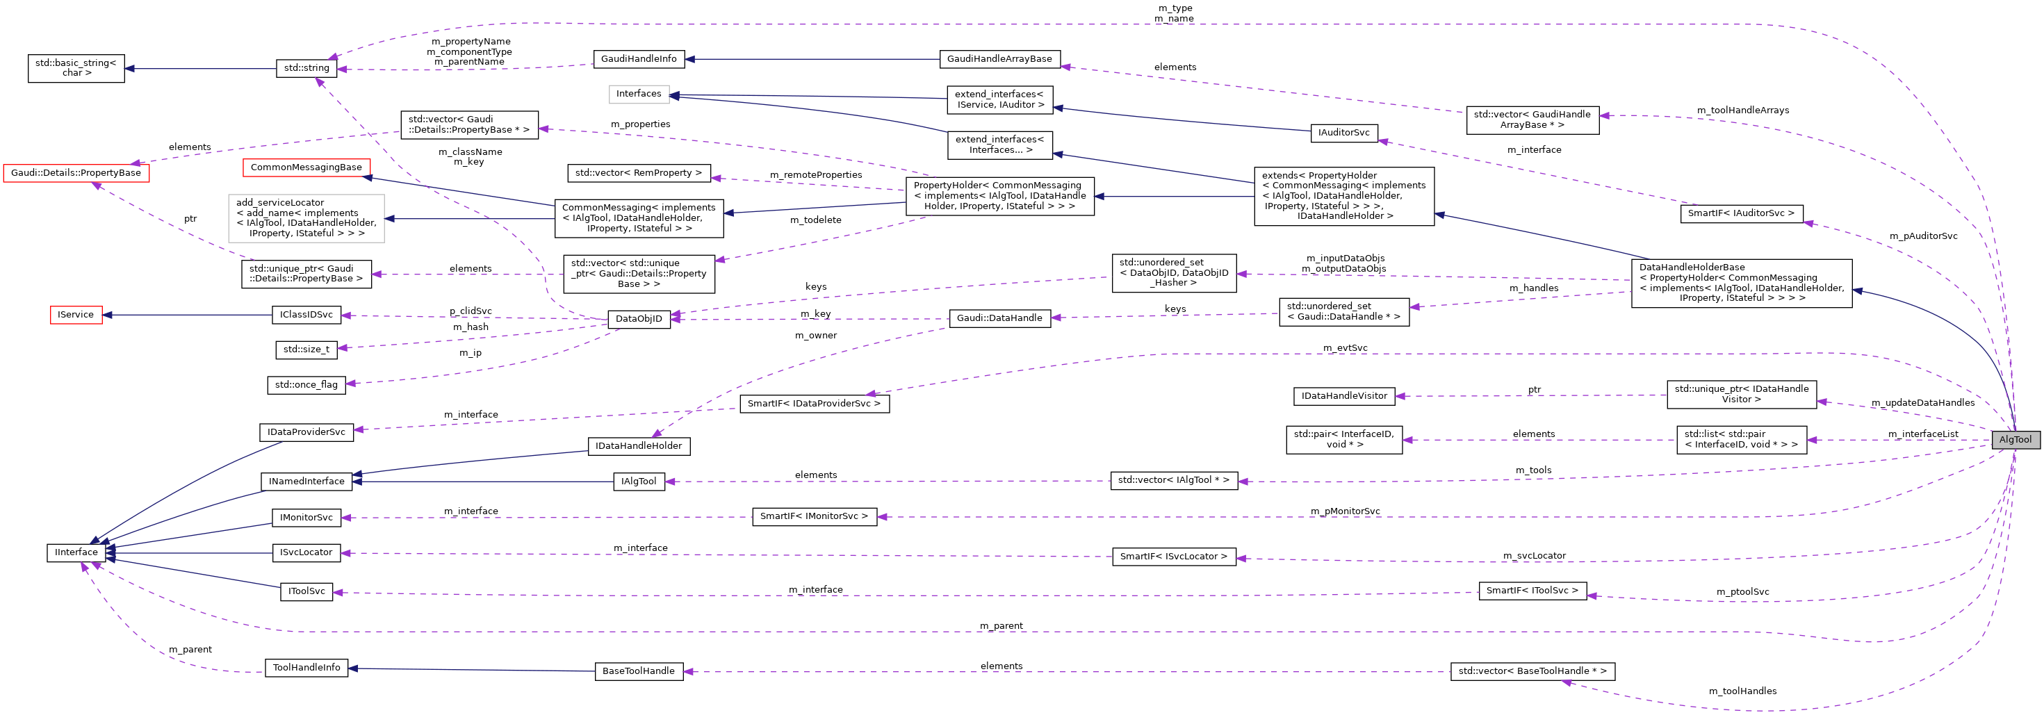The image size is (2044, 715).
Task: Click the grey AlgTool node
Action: (2015, 440)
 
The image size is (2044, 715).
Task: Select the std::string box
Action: (306, 68)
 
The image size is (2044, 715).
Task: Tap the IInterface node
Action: (76, 552)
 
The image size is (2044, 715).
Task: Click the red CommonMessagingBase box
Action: (306, 167)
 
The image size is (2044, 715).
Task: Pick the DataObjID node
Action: (639, 319)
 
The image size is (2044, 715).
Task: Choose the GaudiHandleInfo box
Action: (639, 59)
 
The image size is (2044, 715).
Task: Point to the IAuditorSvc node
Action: (1343, 133)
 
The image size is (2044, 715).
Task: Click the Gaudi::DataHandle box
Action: (999, 318)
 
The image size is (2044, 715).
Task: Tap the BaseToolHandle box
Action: (639, 671)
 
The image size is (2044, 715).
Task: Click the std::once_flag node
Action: (306, 385)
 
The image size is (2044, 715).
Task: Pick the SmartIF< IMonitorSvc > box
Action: (814, 516)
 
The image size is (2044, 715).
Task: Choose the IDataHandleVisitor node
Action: (1344, 396)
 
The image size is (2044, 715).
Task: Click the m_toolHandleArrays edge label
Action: (1742, 110)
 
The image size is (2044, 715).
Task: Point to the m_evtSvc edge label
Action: (1345, 348)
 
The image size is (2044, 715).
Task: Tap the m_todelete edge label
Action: (816, 220)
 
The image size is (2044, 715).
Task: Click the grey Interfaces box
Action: (639, 94)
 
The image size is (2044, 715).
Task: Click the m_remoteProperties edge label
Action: (816, 174)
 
